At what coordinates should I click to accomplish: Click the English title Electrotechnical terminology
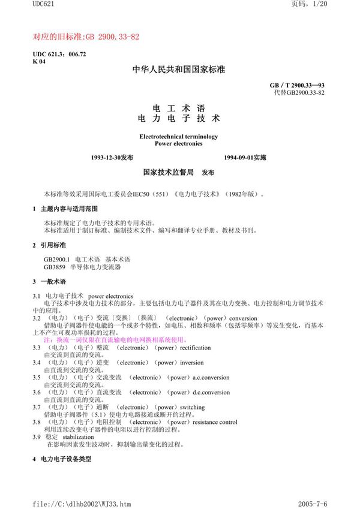coord(178,137)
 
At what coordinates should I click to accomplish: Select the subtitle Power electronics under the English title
coord(178,144)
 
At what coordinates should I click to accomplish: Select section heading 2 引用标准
coord(52,245)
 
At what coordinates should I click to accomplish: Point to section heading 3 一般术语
coord(52,281)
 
